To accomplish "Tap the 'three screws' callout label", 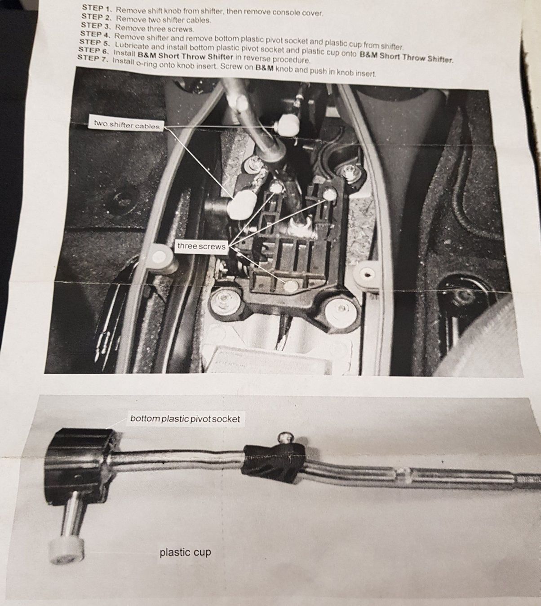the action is (201, 246).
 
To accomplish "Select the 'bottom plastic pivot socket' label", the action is (185, 418).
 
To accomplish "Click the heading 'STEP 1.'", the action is (97, 9).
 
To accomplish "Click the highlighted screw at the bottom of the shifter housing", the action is (290, 285).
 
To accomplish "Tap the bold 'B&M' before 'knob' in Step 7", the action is (265, 67).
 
